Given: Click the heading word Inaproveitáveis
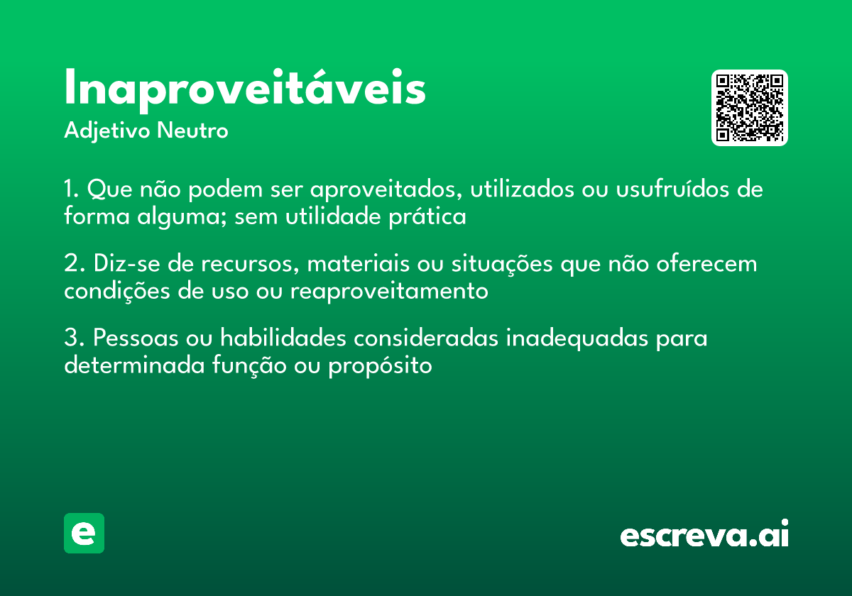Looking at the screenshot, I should point(245,89).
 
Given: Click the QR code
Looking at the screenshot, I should point(750,108).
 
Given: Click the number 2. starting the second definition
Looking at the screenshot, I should point(73,265).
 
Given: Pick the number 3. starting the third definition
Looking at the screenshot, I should point(73,339).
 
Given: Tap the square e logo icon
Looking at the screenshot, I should point(84,533).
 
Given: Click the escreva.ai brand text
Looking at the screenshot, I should point(704,534).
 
